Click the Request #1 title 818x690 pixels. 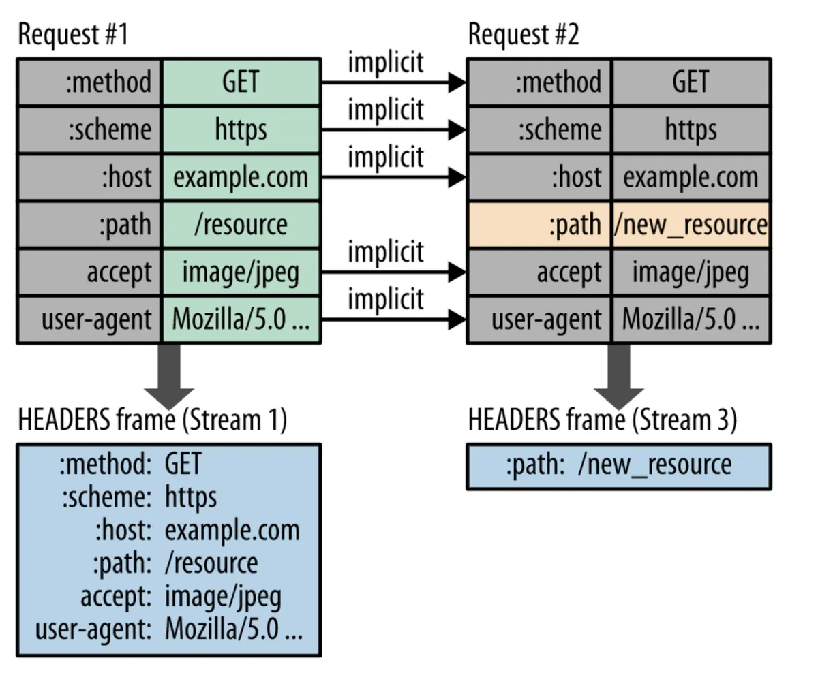tap(73, 34)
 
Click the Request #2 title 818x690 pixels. tap(523, 34)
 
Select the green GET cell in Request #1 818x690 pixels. tap(241, 82)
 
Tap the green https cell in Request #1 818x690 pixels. tap(241, 129)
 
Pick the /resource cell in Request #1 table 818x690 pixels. tap(241, 225)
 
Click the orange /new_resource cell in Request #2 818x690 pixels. tap(691, 225)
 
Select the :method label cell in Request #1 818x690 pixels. tap(90, 82)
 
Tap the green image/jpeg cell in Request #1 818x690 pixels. tap(241, 272)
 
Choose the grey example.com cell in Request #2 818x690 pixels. tap(691, 177)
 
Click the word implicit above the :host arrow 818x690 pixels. tap(386, 157)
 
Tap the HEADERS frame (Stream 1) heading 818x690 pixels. tap(152, 420)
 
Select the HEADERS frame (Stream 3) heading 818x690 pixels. tap(602, 420)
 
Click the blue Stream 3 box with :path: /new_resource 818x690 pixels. tap(618, 467)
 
